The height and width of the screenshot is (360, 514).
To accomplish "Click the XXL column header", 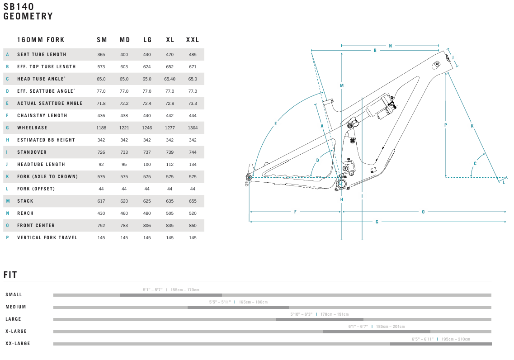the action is (193, 40).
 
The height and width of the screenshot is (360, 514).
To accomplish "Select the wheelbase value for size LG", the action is (147, 128).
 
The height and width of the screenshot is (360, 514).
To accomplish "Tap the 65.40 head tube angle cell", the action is (170, 79).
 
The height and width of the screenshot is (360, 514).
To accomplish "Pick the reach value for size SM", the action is (101, 213).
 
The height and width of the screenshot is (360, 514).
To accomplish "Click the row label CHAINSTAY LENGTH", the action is (42, 116).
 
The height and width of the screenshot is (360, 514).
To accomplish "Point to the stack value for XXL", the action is (193, 201).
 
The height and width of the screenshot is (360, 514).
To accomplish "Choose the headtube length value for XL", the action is (170, 165).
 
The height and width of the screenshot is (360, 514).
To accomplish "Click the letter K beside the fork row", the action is (8, 177).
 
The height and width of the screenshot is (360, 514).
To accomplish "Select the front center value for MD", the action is (124, 226).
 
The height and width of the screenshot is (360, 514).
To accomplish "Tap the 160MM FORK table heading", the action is (41, 40).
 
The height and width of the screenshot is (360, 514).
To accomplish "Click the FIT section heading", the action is (10, 275).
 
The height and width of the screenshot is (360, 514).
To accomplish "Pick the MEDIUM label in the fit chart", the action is (16, 307).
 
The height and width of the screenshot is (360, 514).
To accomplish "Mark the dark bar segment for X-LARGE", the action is (376, 332).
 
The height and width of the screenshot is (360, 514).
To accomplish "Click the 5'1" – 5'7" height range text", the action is (153, 290).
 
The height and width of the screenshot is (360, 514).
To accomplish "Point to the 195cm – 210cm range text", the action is (456, 339).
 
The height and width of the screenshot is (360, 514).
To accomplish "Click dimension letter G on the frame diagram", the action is (377, 222).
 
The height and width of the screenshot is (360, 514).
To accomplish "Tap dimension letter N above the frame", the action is (391, 46).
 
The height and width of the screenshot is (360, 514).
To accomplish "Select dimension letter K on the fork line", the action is (472, 126).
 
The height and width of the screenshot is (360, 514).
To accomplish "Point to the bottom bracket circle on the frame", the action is (342, 184).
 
